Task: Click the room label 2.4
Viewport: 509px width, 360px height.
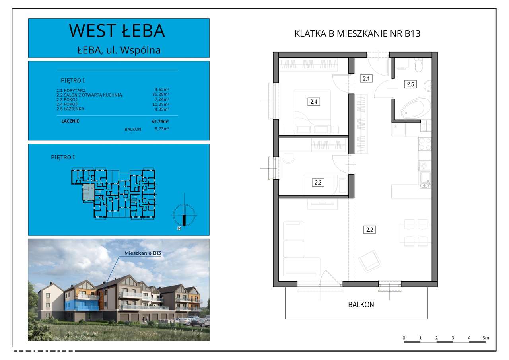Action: point(314,102)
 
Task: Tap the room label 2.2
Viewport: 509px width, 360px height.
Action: point(370,230)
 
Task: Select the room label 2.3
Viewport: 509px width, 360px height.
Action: point(318,183)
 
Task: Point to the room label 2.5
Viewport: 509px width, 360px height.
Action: point(410,84)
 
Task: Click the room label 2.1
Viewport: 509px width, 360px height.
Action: point(366,78)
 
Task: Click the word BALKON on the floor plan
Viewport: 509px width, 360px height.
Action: point(361,305)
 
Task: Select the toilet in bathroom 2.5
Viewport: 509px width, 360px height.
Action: point(419,64)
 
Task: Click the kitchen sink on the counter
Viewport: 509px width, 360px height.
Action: point(425,179)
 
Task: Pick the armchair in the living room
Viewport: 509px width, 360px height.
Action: point(370,261)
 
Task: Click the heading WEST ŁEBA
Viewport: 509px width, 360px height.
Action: point(117,31)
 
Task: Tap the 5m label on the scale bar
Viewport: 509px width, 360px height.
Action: point(485,338)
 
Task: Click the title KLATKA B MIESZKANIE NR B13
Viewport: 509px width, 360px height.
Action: point(357,34)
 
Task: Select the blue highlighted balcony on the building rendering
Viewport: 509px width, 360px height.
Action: point(82,306)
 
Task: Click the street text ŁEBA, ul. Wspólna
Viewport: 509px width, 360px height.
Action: point(119,50)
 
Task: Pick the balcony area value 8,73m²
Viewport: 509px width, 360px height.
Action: point(161,129)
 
